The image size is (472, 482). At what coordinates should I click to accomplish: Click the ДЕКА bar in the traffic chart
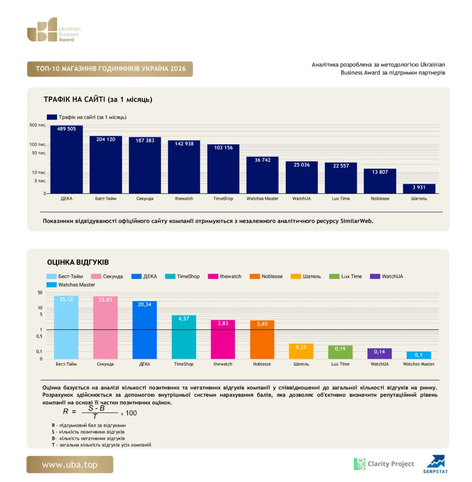[x=66, y=159]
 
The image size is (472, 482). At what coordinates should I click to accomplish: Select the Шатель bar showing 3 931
[x=419, y=189]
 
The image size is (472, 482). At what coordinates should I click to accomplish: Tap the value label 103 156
[x=223, y=148]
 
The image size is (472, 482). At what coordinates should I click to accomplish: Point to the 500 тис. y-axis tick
[x=38, y=125]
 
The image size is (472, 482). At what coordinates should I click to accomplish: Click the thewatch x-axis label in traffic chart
[x=184, y=199]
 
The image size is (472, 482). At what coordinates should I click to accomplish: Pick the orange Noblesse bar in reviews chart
[x=262, y=339]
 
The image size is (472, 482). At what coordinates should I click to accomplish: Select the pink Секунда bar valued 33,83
[x=105, y=328]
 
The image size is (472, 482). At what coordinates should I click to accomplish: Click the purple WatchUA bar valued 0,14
[x=379, y=353]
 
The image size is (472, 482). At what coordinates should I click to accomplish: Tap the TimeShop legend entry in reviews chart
[x=182, y=276]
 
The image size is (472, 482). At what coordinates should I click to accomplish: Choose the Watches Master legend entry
[x=71, y=285]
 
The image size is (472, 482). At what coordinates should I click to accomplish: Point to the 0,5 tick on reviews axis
[x=39, y=336]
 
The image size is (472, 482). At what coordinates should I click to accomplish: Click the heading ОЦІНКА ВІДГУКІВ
[x=78, y=262]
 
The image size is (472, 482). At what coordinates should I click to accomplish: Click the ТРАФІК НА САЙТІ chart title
[x=98, y=100]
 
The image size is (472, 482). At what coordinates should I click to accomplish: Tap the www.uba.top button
[x=70, y=465]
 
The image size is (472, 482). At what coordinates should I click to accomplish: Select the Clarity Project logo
[x=384, y=464]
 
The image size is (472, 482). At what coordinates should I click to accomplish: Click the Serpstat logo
[x=435, y=464]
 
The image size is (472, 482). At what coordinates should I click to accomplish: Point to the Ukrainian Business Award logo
[x=54, y=30]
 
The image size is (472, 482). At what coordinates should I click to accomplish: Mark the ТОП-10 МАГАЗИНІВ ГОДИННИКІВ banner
[x=110, y=69]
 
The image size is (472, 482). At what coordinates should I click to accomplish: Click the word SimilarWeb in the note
[x=356, y=221]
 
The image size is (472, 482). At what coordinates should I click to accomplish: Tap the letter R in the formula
[x=65, y=411]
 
